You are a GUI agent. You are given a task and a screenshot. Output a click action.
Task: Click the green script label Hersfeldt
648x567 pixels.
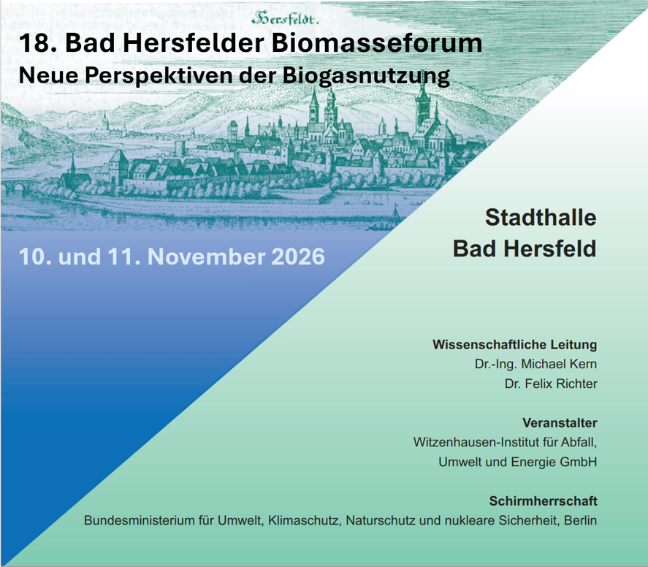coord(285,18)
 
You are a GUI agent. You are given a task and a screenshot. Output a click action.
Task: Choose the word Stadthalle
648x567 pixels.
coord(541,218)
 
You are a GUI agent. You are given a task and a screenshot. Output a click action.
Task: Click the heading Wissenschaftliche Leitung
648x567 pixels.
coord(514,345)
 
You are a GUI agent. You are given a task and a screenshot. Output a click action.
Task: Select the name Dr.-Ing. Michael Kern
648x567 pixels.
coord(535,364)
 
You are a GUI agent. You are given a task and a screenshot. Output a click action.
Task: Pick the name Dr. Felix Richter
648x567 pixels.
coord(550,384)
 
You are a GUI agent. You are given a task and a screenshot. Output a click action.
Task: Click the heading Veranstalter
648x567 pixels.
coord(560,423)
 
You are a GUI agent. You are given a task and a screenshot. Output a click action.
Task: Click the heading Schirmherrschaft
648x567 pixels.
coord(543,501)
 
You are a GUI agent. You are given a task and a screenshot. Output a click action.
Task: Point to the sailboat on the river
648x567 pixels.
coord(394,217)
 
